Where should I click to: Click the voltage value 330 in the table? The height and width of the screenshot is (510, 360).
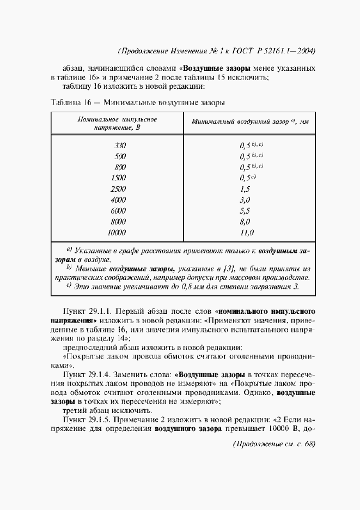point(120,145)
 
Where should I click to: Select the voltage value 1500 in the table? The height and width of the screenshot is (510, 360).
point(118,178)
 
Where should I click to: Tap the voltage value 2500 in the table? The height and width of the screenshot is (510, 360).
point(118,189)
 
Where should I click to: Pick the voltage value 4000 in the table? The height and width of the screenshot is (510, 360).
point(118,200)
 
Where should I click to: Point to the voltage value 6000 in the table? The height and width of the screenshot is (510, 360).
point(118,211)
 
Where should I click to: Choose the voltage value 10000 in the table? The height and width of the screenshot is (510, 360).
point(117,233)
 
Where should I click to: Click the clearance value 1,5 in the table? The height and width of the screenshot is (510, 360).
point(245,189)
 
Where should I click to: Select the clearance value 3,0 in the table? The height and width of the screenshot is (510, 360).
point(245,200)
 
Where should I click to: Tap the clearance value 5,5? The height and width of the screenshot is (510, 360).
point(245,211)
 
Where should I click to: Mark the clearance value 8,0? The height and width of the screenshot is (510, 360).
point(245,222)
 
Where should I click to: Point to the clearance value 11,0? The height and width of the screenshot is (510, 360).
point(246,233)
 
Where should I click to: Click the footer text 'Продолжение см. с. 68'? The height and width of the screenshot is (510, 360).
point(274,444)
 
